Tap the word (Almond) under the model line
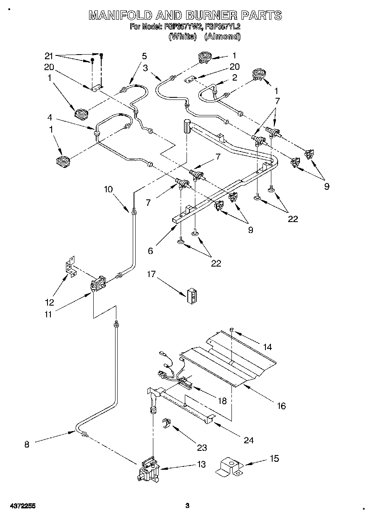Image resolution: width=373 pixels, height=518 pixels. (x=223, y=37)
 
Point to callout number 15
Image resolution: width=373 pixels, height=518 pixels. (x=274, y=458)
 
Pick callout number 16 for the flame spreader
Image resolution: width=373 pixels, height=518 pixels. (x=281, y=406)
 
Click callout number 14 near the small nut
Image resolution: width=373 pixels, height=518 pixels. (x=267, y=347)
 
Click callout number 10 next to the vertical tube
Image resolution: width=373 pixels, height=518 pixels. (x=108, y=189)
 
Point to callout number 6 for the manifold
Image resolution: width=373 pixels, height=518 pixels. (x=150, y=251)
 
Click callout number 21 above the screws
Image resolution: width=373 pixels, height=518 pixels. (x=50, y=56)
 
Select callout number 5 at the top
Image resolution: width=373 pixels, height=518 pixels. (x=144, y=56)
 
